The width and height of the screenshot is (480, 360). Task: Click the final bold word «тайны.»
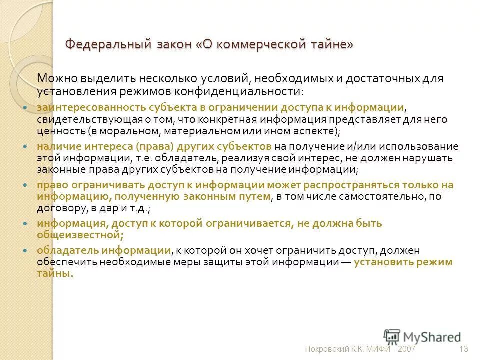pyautogui.click(x=55, y=273)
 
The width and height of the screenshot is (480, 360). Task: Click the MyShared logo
pyautogui.click(x=422, y=337)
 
